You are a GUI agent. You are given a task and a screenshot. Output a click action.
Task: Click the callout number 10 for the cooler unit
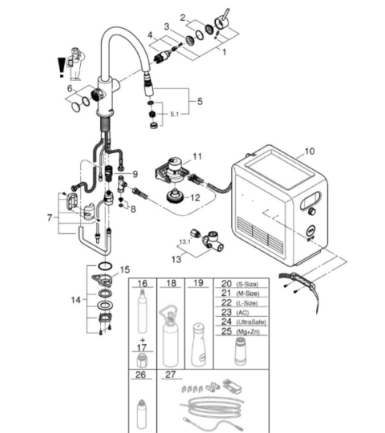(x=310, y=152)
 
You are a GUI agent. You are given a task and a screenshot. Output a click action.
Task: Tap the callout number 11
(x=197, y=156)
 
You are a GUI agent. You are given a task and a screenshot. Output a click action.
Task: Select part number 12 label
(x=195, y=198)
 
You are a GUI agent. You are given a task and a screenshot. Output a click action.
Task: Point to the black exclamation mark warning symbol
(x=61, y=67)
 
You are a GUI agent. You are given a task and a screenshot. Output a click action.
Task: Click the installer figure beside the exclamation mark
(x=75, y=64)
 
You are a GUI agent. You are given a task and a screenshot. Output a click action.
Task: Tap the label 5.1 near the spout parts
(x=174, y=114)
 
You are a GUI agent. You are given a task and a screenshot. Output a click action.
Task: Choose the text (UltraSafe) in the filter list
(x=251, y=322)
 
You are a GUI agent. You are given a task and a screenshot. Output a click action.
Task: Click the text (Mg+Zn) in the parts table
(x=248, y=332)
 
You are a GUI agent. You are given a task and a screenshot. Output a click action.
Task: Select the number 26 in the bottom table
(x=140, y=374)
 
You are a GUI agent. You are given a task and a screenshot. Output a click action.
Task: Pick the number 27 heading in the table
(x=170, y=374)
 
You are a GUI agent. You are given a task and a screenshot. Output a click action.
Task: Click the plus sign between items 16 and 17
(x=143, y=340)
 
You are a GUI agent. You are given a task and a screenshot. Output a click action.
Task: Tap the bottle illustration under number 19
(x=199, y=345)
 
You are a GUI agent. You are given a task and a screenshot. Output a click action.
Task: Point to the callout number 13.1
(x=184, y=242)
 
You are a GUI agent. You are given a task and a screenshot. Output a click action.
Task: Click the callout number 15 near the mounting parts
(x=125, y=269)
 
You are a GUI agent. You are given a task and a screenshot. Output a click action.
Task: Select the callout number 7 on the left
(x=50, y=218)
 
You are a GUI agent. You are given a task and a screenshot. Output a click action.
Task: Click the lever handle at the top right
(x=222, y=20)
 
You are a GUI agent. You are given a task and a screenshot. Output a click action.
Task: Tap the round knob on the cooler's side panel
(x=312, y=212)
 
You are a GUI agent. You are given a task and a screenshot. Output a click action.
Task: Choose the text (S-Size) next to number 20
(x=247, y=284)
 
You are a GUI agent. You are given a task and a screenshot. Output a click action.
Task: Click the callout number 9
(x=135, y=174)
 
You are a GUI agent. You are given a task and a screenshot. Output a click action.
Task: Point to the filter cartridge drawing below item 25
(x=241, y=351)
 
